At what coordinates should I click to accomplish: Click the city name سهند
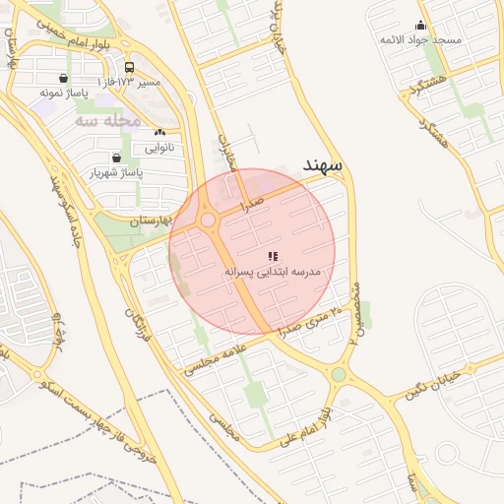click(x=323, y=164)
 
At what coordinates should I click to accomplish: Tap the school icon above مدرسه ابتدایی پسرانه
click(x=273, y=256)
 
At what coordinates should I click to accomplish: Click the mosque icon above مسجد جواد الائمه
click(x=421, y=26)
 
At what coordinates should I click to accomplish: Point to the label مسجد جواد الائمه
click(x=421, y=40)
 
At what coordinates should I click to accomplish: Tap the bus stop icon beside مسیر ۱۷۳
click(x=130, y=68)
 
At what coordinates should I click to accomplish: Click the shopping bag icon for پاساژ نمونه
click(x=64, y=79)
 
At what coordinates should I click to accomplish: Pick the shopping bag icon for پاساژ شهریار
click(x=117, y=157)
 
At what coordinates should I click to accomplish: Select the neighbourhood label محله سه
click(x=108, y=120)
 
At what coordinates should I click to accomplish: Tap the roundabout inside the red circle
click(x=208, y=220)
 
